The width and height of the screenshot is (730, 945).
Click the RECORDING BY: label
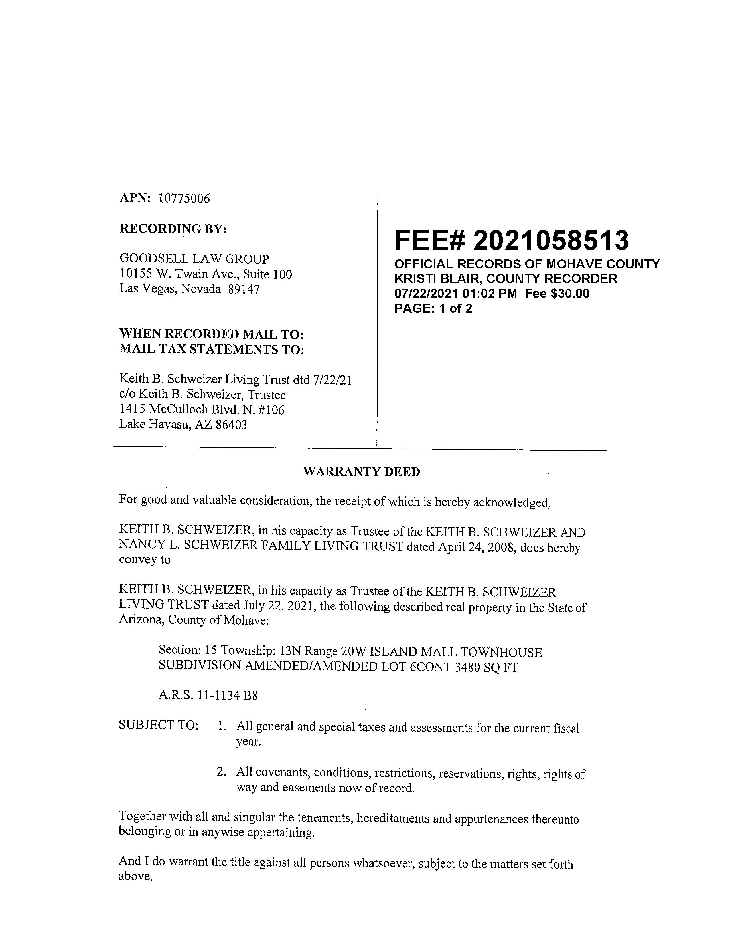(x=173, y=229)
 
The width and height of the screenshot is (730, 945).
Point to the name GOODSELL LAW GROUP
(x=194, y=259)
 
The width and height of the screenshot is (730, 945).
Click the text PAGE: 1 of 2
(x=433, y=308)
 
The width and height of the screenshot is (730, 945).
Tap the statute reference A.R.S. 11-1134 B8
(x=208, y=696)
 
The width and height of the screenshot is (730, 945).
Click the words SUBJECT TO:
(x=158, y=726)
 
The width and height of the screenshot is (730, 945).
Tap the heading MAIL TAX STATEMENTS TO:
(x=212, y=349)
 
